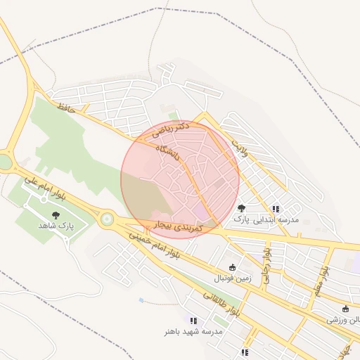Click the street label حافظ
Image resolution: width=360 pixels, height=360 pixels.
click(66, 108)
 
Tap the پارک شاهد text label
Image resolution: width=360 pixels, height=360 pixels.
click(56, 226)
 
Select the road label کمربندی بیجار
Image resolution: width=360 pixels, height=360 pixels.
click(178, 227)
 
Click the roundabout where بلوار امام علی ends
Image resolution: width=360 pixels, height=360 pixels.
click(107, 219)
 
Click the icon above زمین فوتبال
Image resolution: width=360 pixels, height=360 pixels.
click(233, 267)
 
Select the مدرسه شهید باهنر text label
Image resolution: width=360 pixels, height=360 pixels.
click(193, 331)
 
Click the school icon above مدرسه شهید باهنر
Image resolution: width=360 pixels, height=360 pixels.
click(193, 321)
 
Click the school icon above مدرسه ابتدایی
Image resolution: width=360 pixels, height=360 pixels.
click(276, 209)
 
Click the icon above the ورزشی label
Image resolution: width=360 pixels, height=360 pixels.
click(345, 309)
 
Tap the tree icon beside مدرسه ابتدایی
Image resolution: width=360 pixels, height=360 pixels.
click(242, 208)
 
